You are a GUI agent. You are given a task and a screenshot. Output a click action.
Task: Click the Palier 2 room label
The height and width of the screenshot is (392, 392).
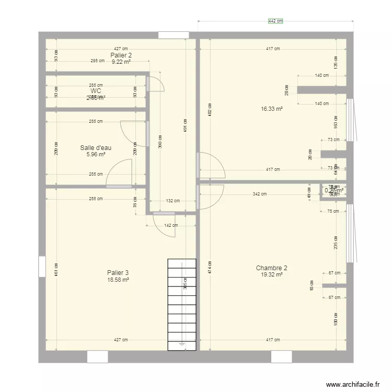[121, 55]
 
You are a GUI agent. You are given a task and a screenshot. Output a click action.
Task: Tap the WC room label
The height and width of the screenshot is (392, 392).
[96, 91]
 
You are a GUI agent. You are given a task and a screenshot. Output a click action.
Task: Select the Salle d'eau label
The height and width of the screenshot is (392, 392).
[96, 148]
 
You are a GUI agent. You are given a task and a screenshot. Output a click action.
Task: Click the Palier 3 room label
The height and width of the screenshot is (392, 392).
[118, 273]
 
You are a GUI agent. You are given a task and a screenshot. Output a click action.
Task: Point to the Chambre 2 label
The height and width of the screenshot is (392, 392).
[271, 268]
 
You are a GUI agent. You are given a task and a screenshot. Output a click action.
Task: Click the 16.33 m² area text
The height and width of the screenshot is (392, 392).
[272, 109]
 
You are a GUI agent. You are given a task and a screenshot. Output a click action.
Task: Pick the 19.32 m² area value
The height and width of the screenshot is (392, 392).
[272, 275]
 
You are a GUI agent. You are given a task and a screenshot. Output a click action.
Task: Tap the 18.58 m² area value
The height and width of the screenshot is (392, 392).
[118, 280]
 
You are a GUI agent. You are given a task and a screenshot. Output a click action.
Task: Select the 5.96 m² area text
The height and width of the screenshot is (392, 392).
[96, 155]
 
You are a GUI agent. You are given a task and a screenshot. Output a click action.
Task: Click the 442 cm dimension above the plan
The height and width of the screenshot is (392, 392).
[275, 21]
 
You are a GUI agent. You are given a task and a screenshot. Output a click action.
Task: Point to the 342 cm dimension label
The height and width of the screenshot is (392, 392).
[260, 194]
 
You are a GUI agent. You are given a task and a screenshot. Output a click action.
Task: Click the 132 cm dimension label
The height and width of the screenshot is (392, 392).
[173, 201]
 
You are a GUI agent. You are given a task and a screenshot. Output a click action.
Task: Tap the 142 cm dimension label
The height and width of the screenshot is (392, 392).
[171, 226]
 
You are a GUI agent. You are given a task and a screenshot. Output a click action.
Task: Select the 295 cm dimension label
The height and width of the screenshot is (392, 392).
[97, 61]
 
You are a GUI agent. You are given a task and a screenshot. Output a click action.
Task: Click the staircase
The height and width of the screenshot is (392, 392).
[181, 303]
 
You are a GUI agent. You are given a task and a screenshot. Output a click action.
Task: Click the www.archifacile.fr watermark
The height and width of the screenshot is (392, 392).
[352, 384]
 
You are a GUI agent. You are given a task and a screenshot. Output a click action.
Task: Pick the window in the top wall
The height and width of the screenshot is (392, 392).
[174, 35]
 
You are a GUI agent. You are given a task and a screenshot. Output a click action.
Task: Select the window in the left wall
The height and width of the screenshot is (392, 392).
[42, 266]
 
